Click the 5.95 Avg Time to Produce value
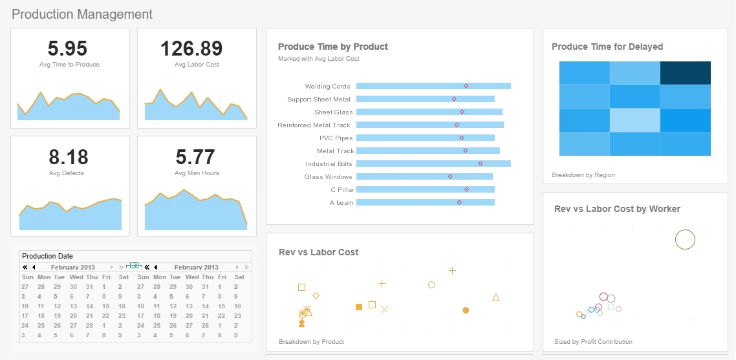[x=67, y=48]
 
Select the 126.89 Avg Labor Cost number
[x=191, y=48]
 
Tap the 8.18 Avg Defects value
[x=67, y=157]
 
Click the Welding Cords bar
[x=433, y=86]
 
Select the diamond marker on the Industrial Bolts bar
[x=481, y=164]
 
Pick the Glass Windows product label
[x=328, y=177]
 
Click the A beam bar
[x=425, y=202]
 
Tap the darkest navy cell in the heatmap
[x=685, y=73]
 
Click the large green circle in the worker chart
[x=685, y=240]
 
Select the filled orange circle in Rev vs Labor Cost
[x=466, y=310]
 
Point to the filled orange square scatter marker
[x=359, y=307]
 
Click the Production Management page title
[x=82, y=14]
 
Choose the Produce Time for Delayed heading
[x=607, y=47]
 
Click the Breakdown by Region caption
[x=583, y=175]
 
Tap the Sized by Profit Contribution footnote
[x=593, y=342]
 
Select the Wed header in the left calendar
[x=76, y=277]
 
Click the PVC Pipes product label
[x=336, y=138]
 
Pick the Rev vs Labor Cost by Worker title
[x=617, y=209]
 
